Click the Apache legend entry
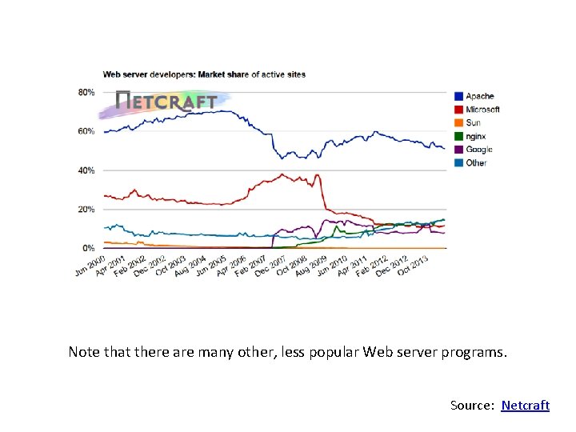click(x=479, y=97)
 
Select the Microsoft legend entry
click(x=482, y=110)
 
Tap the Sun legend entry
click(x=473, y=123)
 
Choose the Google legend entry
click(x=478, y=150)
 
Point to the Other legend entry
click(x=476, y=163)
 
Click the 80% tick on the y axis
click(x=86, y=92)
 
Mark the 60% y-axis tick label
click(x=86, y=131)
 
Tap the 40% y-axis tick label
click(x=86, y=170)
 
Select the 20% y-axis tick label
click(x=86, y=210)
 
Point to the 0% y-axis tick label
click(x=89, y=248)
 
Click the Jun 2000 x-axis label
click(x=90, y=266)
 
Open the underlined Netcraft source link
click(x=526, y=406)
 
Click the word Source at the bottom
click(x=472, y=406)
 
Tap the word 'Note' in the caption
click(x=84, y=351)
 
